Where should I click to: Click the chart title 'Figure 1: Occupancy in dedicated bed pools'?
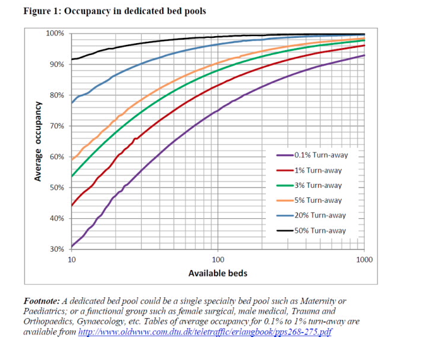pos(115,12)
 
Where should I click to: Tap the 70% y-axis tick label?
pos(57,126)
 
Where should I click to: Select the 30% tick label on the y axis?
pos(57,249)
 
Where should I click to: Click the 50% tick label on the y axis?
pos(57,187)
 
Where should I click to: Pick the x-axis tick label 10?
pos(72,259)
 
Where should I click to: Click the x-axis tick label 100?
pos(218,259)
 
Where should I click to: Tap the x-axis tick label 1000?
pos(364,259)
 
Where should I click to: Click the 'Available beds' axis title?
pos(217,273)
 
